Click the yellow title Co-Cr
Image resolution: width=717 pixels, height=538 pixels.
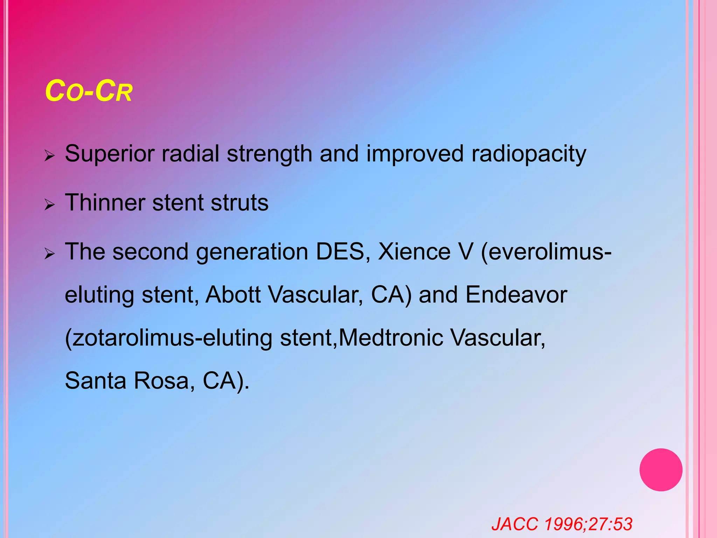[x=89, y=91]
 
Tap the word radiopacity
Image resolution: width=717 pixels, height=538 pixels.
[x=528, y=154]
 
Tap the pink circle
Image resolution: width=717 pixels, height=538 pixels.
[x=661, y=470]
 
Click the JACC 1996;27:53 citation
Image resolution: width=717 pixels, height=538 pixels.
[x=562, y=524]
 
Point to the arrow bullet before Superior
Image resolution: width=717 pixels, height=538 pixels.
[x=50, y=155]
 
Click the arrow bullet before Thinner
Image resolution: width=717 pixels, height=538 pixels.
[x=50, y=204]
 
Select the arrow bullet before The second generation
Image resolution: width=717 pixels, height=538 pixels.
[x=50, y=253]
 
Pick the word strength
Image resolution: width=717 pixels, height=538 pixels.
[x=269, y=154]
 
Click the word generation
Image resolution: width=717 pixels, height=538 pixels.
[x=252, y=252]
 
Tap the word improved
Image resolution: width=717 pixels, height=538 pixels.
[x=415, y=154]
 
